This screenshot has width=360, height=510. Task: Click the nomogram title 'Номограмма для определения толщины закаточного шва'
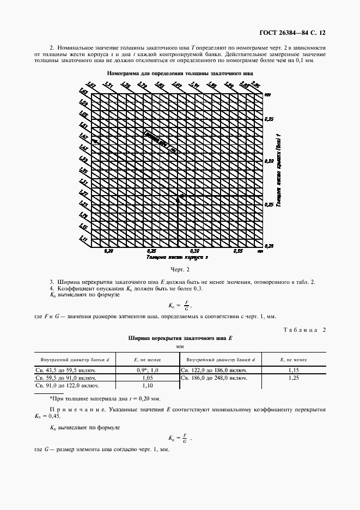[x=180, y=72]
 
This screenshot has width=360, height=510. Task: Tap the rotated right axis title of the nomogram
[x=278, y=171]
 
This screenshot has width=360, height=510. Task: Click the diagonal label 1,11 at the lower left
[x=84, y=239]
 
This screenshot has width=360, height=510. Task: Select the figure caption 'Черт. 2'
[x=180, y=269]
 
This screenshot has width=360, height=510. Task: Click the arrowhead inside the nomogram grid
[x=177, y=198]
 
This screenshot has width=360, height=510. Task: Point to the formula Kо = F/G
[x=180, y=305]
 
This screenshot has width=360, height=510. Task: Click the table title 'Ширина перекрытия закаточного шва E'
[x=180, y=338]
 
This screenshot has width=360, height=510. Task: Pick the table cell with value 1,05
[x=147, y=377]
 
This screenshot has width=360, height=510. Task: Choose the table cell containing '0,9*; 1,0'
[x=147, y=369]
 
